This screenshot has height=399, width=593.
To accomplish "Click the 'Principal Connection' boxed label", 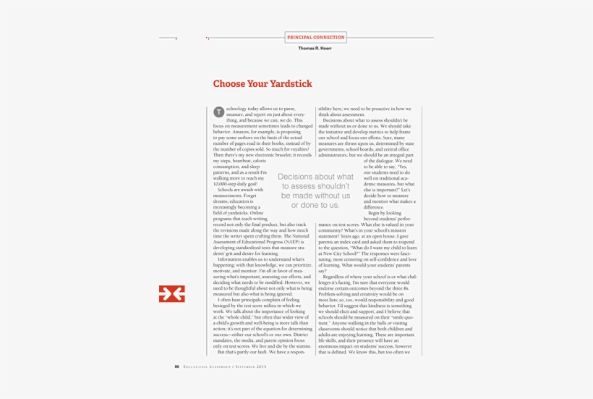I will [x=315, y=37].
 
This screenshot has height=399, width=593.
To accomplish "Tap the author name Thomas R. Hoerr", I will [x=315, y=49].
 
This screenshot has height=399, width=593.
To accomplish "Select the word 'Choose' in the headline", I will [x=229, y=84].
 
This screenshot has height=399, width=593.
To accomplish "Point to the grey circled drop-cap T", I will [x=218, y=112].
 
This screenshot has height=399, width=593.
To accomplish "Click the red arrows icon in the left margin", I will [x=171, y=293].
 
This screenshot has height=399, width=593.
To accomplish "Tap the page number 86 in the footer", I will [x=176, y=366].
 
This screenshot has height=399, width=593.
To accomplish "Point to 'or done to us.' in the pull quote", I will [x=315, y=205].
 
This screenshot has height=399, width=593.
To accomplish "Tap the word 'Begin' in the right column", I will [x=375, y=213].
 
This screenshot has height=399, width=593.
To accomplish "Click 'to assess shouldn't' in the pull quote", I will [x=315, y=186].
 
